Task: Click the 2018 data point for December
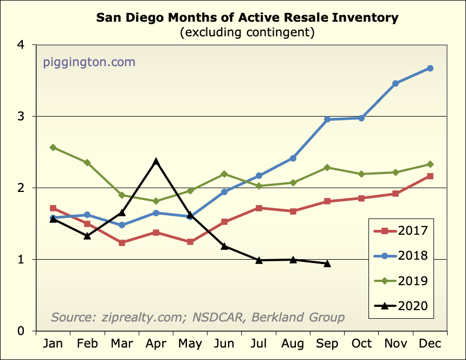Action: click(x=430, y=68)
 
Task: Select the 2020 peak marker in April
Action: click(x=156, y=161)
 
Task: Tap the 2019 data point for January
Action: click(x=53, y=147)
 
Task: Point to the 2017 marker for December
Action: click(x=430, y=176)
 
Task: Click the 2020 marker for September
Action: click(x=327, y=263)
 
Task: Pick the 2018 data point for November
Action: click(x=396, y=83)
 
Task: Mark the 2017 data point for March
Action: click(x=122, y=243)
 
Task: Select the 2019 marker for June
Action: click(x=225, y=174)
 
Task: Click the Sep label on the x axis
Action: click(x=327, y=344)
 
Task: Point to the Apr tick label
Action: click(x=156, y=344)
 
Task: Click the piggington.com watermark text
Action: click(x=89, y=62)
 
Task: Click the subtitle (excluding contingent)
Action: click(x=247, y=33)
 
